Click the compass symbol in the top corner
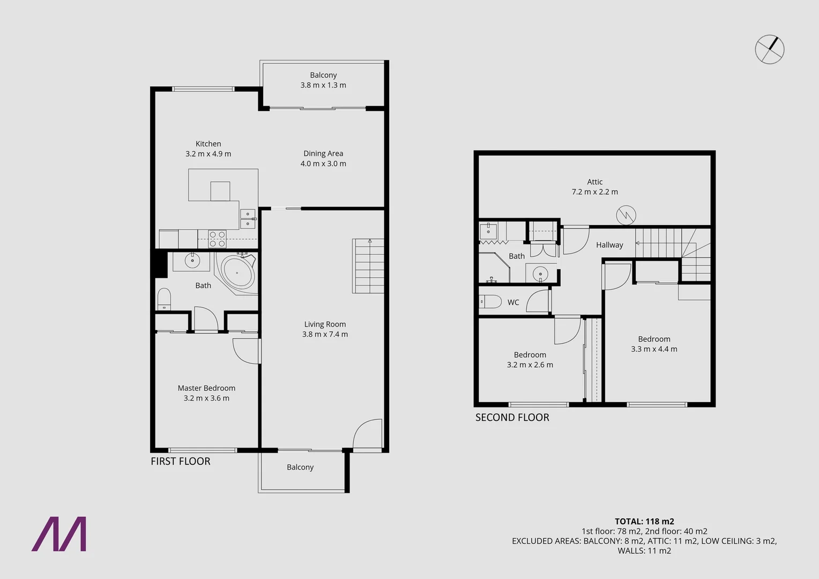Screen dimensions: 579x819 pyautogui.click(x=770, y=50)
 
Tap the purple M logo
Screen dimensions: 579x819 pyautogui.click(x=59, y=534)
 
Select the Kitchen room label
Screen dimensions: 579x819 pyautogui.click(x=208, y=144)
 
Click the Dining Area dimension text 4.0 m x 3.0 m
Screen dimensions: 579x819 pyautogui.click(x=323, y=164)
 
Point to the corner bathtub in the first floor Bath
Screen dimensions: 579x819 pyautogui.click(x=237, y=272)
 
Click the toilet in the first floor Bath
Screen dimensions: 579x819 pyautogui.click(x=163, y=299)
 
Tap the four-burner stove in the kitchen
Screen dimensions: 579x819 pyautogui.click(x=217, y=239)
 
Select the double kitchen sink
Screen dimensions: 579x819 pyautogui.click(x=248, y=218)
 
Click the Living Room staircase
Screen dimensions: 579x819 pyautogui.click(x=368, y=266)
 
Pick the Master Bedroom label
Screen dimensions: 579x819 pyautogui.click(x=206, y=388)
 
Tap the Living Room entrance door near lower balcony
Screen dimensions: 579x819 pyautogui.click(x=368, y=434)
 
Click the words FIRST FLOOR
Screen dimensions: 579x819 pyautogui.click(x=180, y=461)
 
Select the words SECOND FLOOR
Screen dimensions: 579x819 pyautogui.click(x=512, y=417)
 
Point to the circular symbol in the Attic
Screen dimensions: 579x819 pyautogui.click(x=626, y=216)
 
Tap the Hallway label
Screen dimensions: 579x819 pyautogui.click(x=609, y=245)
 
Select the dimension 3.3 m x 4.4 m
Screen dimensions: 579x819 pyautogui.click(x=654, y=349)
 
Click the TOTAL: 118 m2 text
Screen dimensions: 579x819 pyautogui.click(x=644, y=521)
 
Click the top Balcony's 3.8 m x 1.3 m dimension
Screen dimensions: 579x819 pyautogui.click(x=323, y=85)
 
